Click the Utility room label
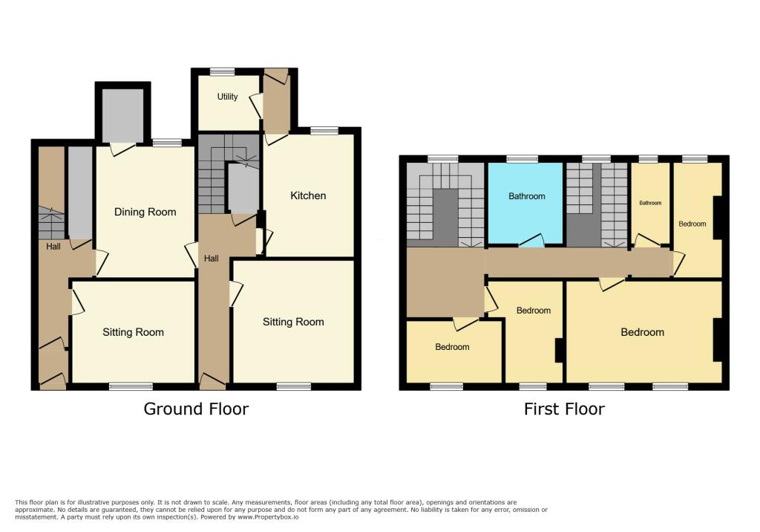point(227,97)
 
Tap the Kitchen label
point(308,195)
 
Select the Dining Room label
point(145,212)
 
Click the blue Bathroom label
point(526,196)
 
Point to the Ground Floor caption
point(196,409)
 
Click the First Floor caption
point(564,409)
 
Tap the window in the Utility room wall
point(223,71)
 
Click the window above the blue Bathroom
point(522,159)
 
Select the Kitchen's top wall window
point(324,130)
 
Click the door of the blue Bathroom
point(531,241)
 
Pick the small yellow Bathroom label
point(650,203)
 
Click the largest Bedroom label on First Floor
point(642,333)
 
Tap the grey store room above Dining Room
point(122,115)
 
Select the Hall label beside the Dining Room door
point(53,247)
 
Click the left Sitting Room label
point(134,333)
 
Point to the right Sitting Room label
point(293,322)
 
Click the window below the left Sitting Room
point(131,386)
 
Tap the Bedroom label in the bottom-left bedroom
point(452,347)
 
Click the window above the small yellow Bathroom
point(648,159)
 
